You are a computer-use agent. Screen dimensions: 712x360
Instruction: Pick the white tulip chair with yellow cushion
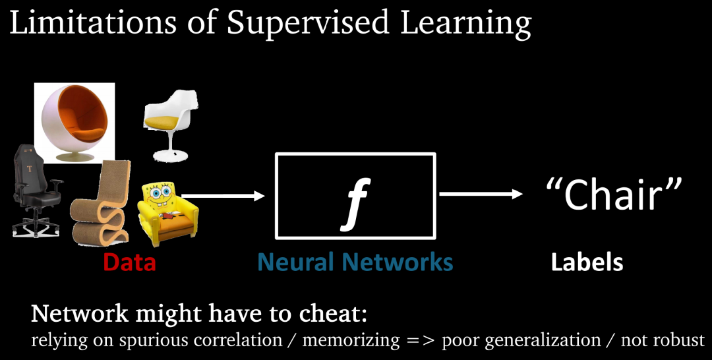click(x=171, y=125)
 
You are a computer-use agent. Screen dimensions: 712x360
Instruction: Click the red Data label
click(x=129, y=262)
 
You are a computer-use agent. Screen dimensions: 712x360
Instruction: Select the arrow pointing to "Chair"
click(x=480, y=194)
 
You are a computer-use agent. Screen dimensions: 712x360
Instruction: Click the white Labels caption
click(x=587, y=262)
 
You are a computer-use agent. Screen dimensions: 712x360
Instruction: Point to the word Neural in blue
click(x=296, y=262)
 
